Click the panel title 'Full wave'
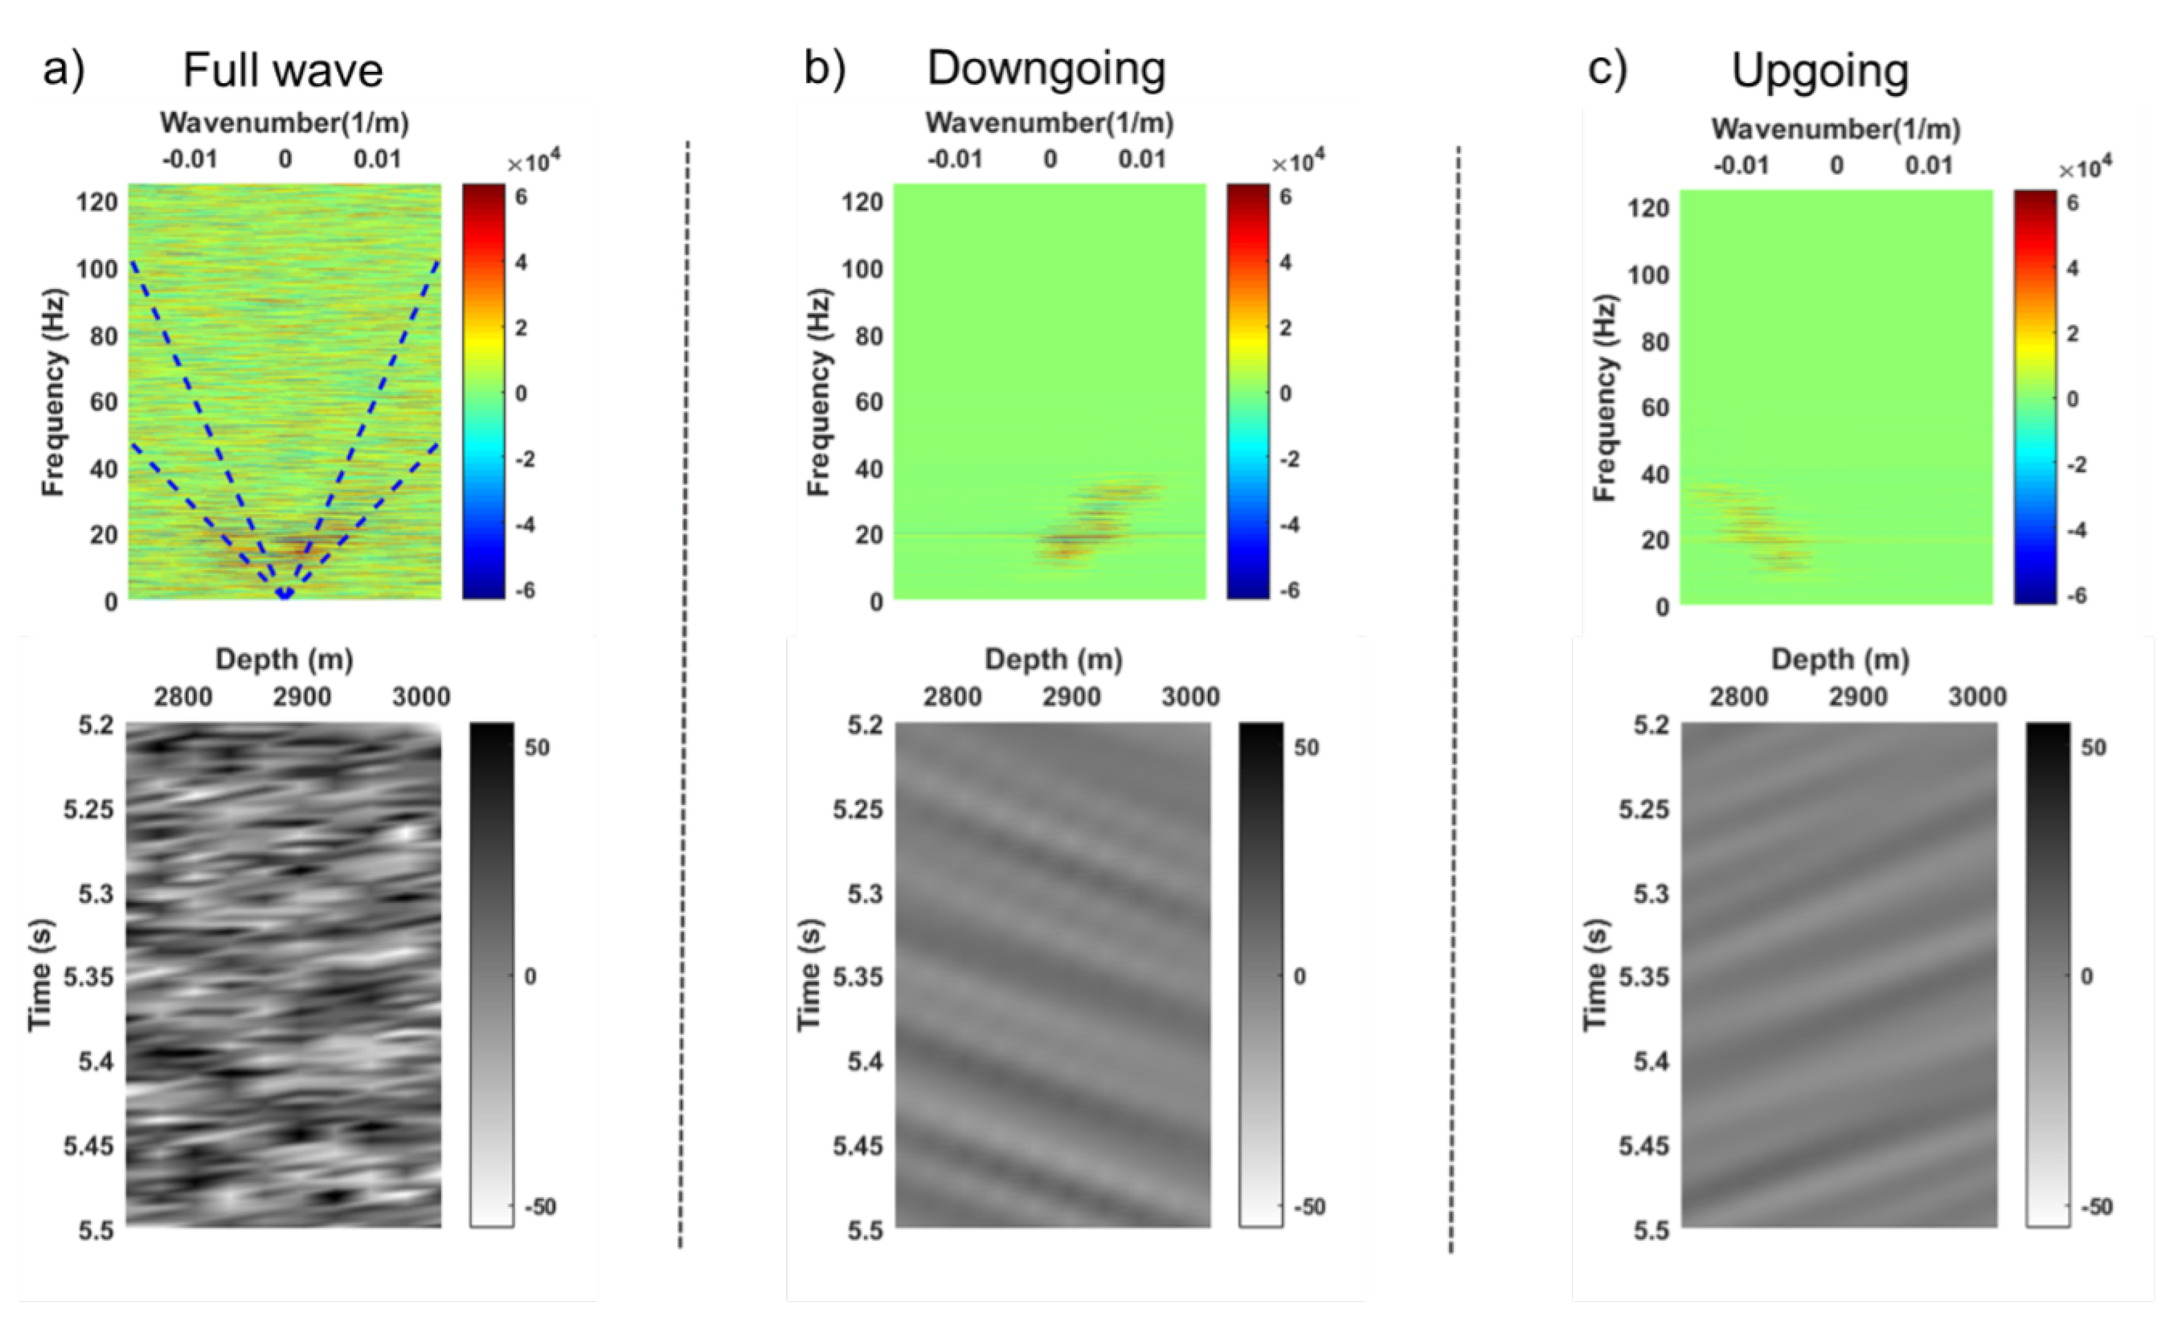282,70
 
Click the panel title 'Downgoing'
1046,68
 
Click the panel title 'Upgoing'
1820,71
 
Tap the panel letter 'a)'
63,68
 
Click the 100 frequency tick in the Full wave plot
97,269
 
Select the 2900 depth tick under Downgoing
1071,697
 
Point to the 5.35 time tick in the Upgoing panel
1644,977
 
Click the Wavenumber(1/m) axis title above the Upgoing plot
1835,129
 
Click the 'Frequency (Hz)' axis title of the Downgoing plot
817,392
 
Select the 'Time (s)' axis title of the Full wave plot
40,976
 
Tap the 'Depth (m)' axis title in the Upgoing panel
1840,659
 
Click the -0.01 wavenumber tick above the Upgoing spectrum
1741,165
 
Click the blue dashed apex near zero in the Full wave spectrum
285,594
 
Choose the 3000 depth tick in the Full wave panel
421,697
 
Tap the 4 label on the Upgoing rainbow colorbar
2073,269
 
